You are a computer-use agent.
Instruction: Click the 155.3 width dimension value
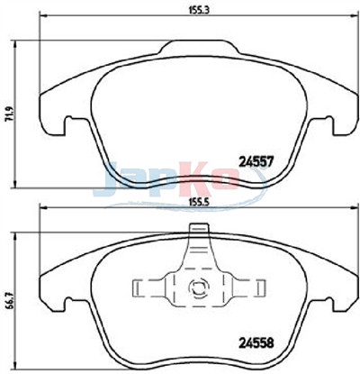[x=197, y=9]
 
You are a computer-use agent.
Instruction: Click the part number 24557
[x=256, y=162]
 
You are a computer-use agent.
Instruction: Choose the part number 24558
[x=256, y=342]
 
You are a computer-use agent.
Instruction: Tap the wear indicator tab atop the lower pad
[x=199, y=230]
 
